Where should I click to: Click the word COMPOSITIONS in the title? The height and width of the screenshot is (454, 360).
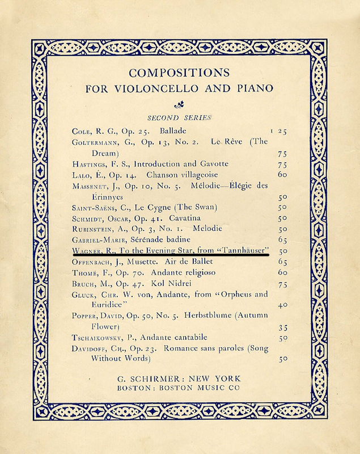pos(180,73)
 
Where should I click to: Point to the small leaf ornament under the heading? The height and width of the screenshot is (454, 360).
pos(180,104)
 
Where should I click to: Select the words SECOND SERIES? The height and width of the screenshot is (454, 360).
pos(180,117)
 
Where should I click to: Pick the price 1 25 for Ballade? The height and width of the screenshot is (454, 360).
pos(278,131)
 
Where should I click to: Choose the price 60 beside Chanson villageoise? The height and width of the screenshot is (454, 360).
pos(283,174)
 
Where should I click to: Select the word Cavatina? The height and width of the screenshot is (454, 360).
pos(186,217)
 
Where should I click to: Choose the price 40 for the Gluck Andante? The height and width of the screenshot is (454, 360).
pos(283,305)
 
